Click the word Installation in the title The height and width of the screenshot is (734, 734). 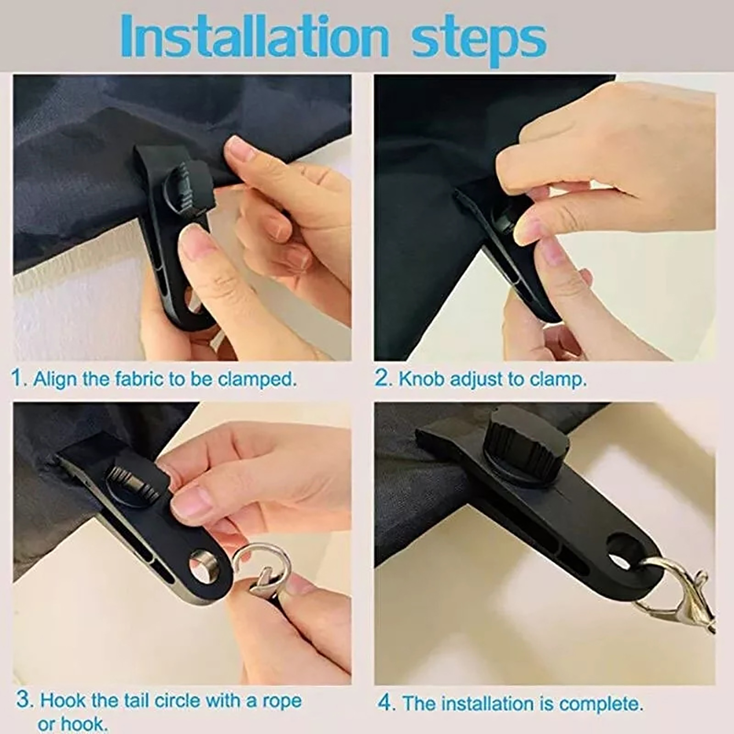pyautogui.click(x=255, y=36)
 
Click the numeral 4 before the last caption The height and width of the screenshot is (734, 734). pyautogui.click(x=385, y=702)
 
